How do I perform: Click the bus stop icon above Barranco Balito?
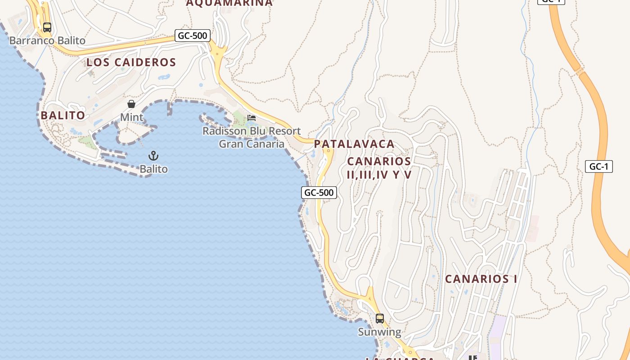point(47,27)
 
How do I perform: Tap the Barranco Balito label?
point(47,40)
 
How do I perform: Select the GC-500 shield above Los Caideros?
point(193,36)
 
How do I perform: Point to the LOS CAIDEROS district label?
point(131,63)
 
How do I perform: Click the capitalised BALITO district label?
point(63,116)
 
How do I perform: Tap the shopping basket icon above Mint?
point(131,104)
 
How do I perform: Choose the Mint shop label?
point(131,117)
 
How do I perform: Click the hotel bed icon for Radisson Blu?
point(252,118)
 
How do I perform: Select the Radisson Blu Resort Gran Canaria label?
point(252,137)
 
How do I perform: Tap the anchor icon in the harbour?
point(154,156)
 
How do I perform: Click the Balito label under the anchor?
point(154,169)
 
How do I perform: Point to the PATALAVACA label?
point(354,144)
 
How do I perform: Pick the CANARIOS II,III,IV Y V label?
point(379,168)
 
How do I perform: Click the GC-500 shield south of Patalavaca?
point(319,193)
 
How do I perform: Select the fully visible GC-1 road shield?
point(599,166)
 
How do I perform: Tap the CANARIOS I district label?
point(481,279)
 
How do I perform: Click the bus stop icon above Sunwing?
point(380,319)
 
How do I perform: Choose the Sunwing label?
point(379,332)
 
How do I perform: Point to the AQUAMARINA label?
point(229,3)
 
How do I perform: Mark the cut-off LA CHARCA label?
point(400,358)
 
